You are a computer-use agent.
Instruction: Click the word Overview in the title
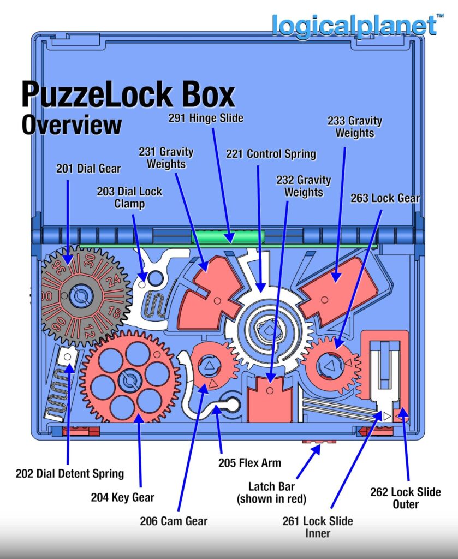point(72,124)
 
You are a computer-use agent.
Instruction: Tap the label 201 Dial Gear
point(88,169)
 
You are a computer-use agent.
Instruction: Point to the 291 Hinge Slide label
point(206,118)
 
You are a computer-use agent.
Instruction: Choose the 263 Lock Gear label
point(385,198)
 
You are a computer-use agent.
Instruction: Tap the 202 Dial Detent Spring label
point(70,473)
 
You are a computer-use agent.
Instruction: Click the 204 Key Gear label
point(122,497)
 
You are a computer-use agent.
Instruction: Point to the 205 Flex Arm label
point(249,463)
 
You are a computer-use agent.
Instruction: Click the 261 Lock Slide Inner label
point(318,526)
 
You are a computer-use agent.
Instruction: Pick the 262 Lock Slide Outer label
point(406,497)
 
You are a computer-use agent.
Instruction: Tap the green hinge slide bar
point(228,237)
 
